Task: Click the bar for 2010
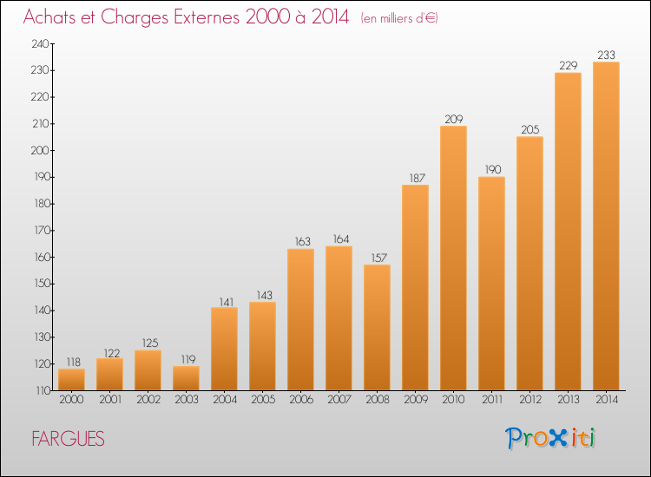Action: pos(453,258)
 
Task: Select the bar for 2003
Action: pos(186,378)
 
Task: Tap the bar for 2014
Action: pos(606,226)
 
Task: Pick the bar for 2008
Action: pos(377,328)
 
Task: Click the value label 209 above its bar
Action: pos(454,120)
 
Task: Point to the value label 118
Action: pos(74,363)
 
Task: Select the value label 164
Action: pos(341,239)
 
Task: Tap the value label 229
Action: pos(569,66)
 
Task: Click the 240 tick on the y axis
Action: pos(40,44)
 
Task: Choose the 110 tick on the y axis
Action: pos(42,390)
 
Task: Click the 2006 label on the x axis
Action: pos(301,400)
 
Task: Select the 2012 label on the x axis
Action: pos(530,400)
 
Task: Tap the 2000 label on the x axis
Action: pos(71,400)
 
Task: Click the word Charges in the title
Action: pos(135,17)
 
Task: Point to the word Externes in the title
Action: pos(207,17)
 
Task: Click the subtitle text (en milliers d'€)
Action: pos(399,18)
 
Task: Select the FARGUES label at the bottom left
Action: pos(68,439)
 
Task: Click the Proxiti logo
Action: pos(550,438)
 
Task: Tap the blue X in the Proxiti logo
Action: pos(557,438)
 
